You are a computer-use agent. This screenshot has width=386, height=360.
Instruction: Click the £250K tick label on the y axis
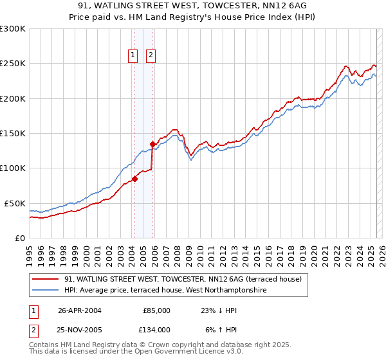(13, 64)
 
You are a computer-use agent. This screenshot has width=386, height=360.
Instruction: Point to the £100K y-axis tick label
(13, 168)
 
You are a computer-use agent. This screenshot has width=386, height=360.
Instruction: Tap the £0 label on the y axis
(21, 238)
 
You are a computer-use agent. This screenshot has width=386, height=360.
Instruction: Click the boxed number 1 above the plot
(133, 55)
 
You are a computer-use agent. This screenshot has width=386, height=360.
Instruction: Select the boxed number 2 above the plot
(151, 55)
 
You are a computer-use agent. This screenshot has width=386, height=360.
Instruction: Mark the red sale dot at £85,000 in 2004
(135, 179)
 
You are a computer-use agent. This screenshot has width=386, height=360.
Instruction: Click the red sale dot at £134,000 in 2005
(153, 144)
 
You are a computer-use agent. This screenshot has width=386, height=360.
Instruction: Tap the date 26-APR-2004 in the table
(79, 310)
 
